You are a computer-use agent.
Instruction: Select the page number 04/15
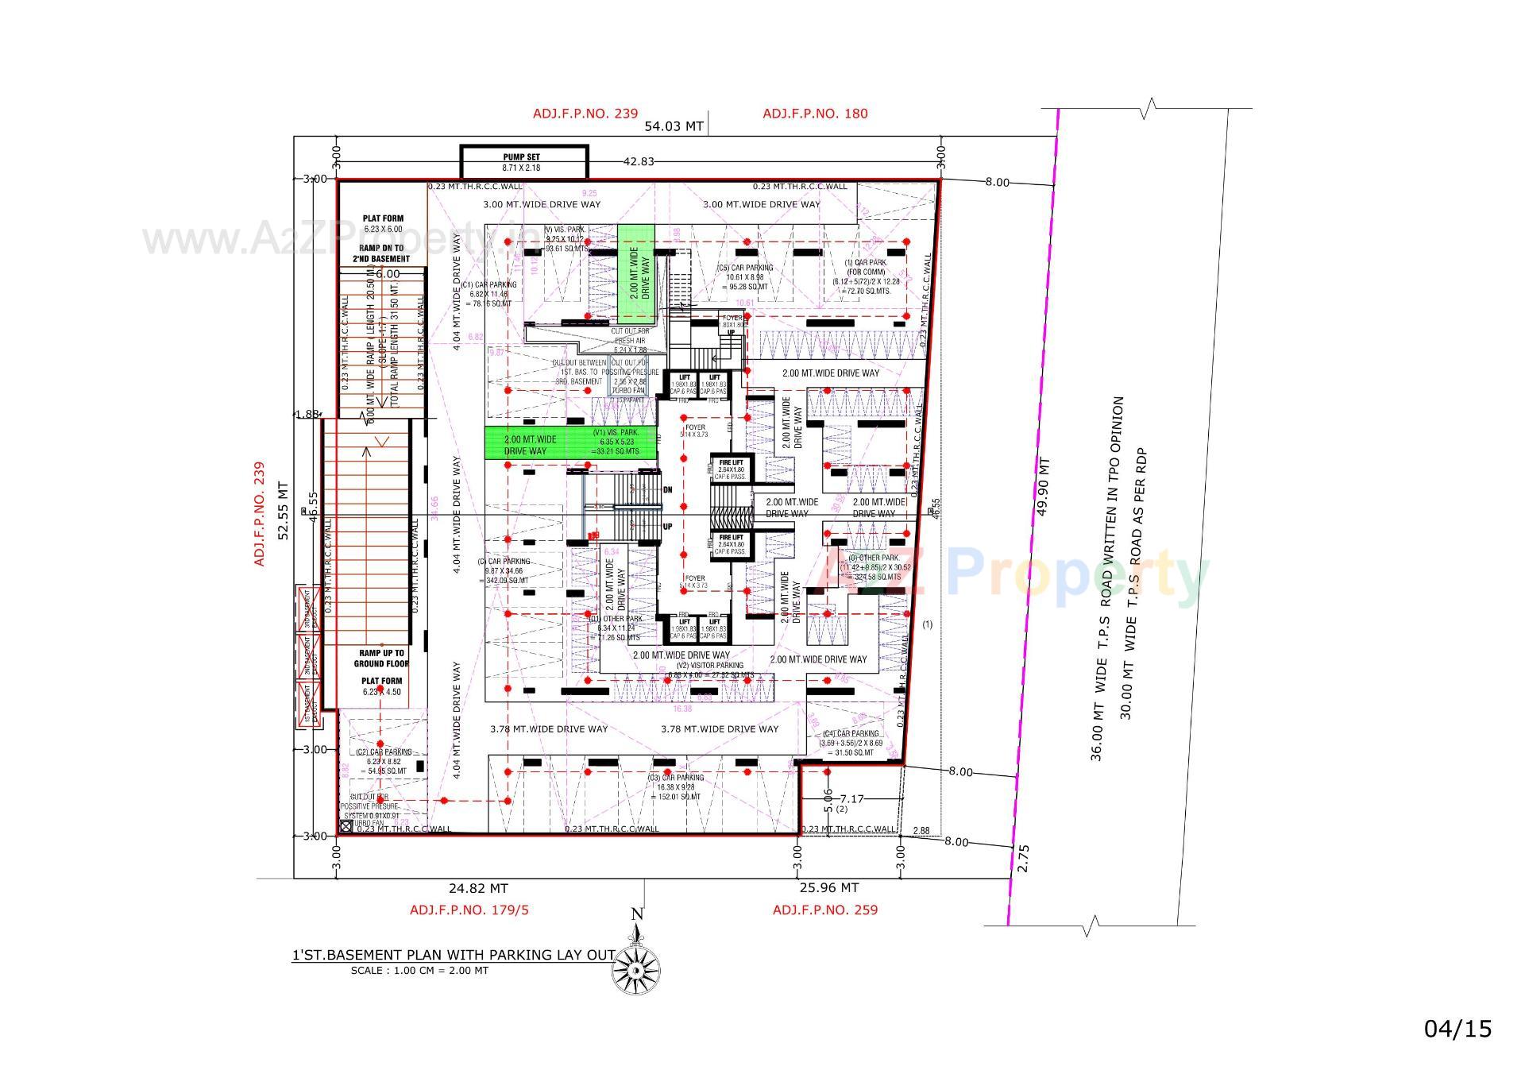pyautogui.click(x=1457, y=1030)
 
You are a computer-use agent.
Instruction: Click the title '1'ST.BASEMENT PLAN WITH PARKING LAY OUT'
pyautogui.click(x=454, y=955)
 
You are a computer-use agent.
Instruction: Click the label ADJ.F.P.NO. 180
pyautogui.click(x=815, y=114)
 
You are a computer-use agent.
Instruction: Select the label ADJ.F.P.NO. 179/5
pyautogui.click(x=469, y=910)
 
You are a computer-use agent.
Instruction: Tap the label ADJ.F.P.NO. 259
pyautogui.click(x=825, y=910)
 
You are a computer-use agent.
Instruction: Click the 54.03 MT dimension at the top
pyautogui.click(x=674, y=126)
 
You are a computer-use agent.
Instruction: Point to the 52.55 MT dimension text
pyautogui.click(x=284, y=511)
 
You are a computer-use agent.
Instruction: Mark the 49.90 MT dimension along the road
pyautogui.click(x=1044, y=486)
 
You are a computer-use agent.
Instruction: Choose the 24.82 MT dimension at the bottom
pyautogui.click(x=477, y=889)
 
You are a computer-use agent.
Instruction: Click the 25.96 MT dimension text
pyautogui.click(x=828, y=888)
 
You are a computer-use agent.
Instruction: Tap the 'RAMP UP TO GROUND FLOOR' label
pyautogui.click(x=381, y=659)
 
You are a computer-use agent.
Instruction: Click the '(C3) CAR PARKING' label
pyautogui.click(x=676, y=778)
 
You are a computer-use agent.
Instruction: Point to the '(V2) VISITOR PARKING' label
pyautogui.click(x=709, y=666)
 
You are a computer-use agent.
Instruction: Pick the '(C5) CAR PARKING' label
pyautogui.click(x=744, y=269)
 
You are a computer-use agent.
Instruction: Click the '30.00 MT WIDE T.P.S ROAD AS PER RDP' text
pyautogui.click(x=1132, y=583)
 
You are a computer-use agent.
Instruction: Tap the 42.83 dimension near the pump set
pyautogui.click(x=639, y=162)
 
